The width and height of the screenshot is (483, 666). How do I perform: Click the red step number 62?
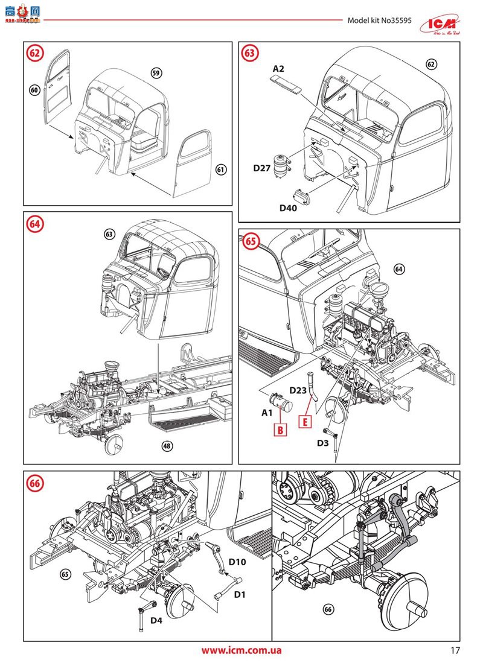[x=36, y=52]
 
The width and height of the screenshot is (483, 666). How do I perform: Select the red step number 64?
[x=36, y=223]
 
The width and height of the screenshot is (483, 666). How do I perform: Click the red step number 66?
[x=36, y=482]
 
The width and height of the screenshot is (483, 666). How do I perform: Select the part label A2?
[x=278, y=69]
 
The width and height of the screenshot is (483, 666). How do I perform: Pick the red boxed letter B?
[x=281, y=430]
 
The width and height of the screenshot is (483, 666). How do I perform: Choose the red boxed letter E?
[x=306, y=421]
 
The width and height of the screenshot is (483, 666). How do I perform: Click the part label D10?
[x=237, y=562]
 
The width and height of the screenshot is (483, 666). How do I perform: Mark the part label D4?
[x=156, y=620]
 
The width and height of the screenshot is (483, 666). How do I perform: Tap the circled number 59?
[x=156, y=73]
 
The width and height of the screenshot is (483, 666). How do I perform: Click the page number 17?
[x=455, y=651]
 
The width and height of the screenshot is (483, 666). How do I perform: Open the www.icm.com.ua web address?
[x=241, y=651]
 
